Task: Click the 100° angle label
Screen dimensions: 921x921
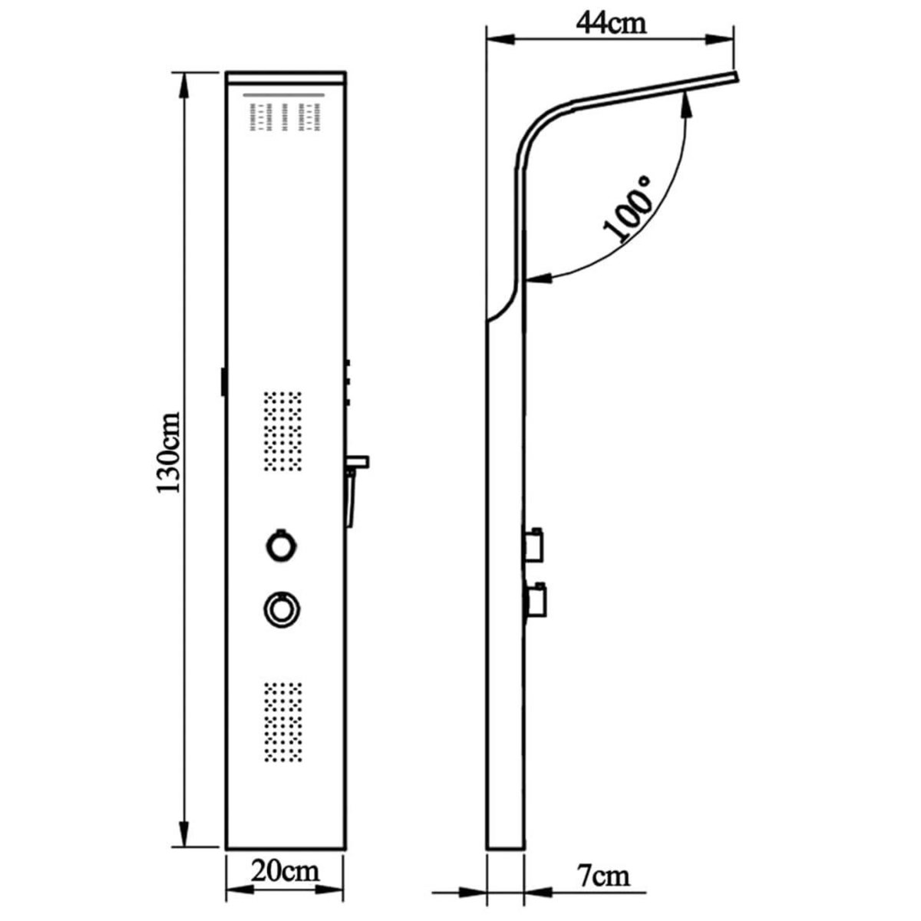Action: (x=628, y=210)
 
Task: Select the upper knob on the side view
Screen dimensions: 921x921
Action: (x=533, y=541)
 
